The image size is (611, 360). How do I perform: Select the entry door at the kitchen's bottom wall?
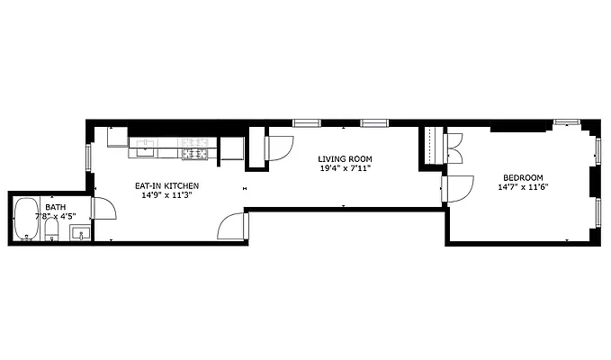point(232,226)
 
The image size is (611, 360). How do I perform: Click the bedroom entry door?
point(459,190)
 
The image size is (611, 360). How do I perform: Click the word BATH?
point(54,207)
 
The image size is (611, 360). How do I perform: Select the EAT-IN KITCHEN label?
point(166,186)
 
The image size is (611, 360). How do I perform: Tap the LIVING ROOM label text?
point(345,158)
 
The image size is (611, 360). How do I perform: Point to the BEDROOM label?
point(523,177)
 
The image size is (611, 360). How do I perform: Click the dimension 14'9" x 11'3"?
point(166,196)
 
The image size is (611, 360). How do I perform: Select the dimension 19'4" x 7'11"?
point(345,168)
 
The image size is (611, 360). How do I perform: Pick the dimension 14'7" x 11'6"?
point(523,187)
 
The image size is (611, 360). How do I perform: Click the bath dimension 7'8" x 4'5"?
point(55,216)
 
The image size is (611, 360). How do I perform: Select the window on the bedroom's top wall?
point(566,121)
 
